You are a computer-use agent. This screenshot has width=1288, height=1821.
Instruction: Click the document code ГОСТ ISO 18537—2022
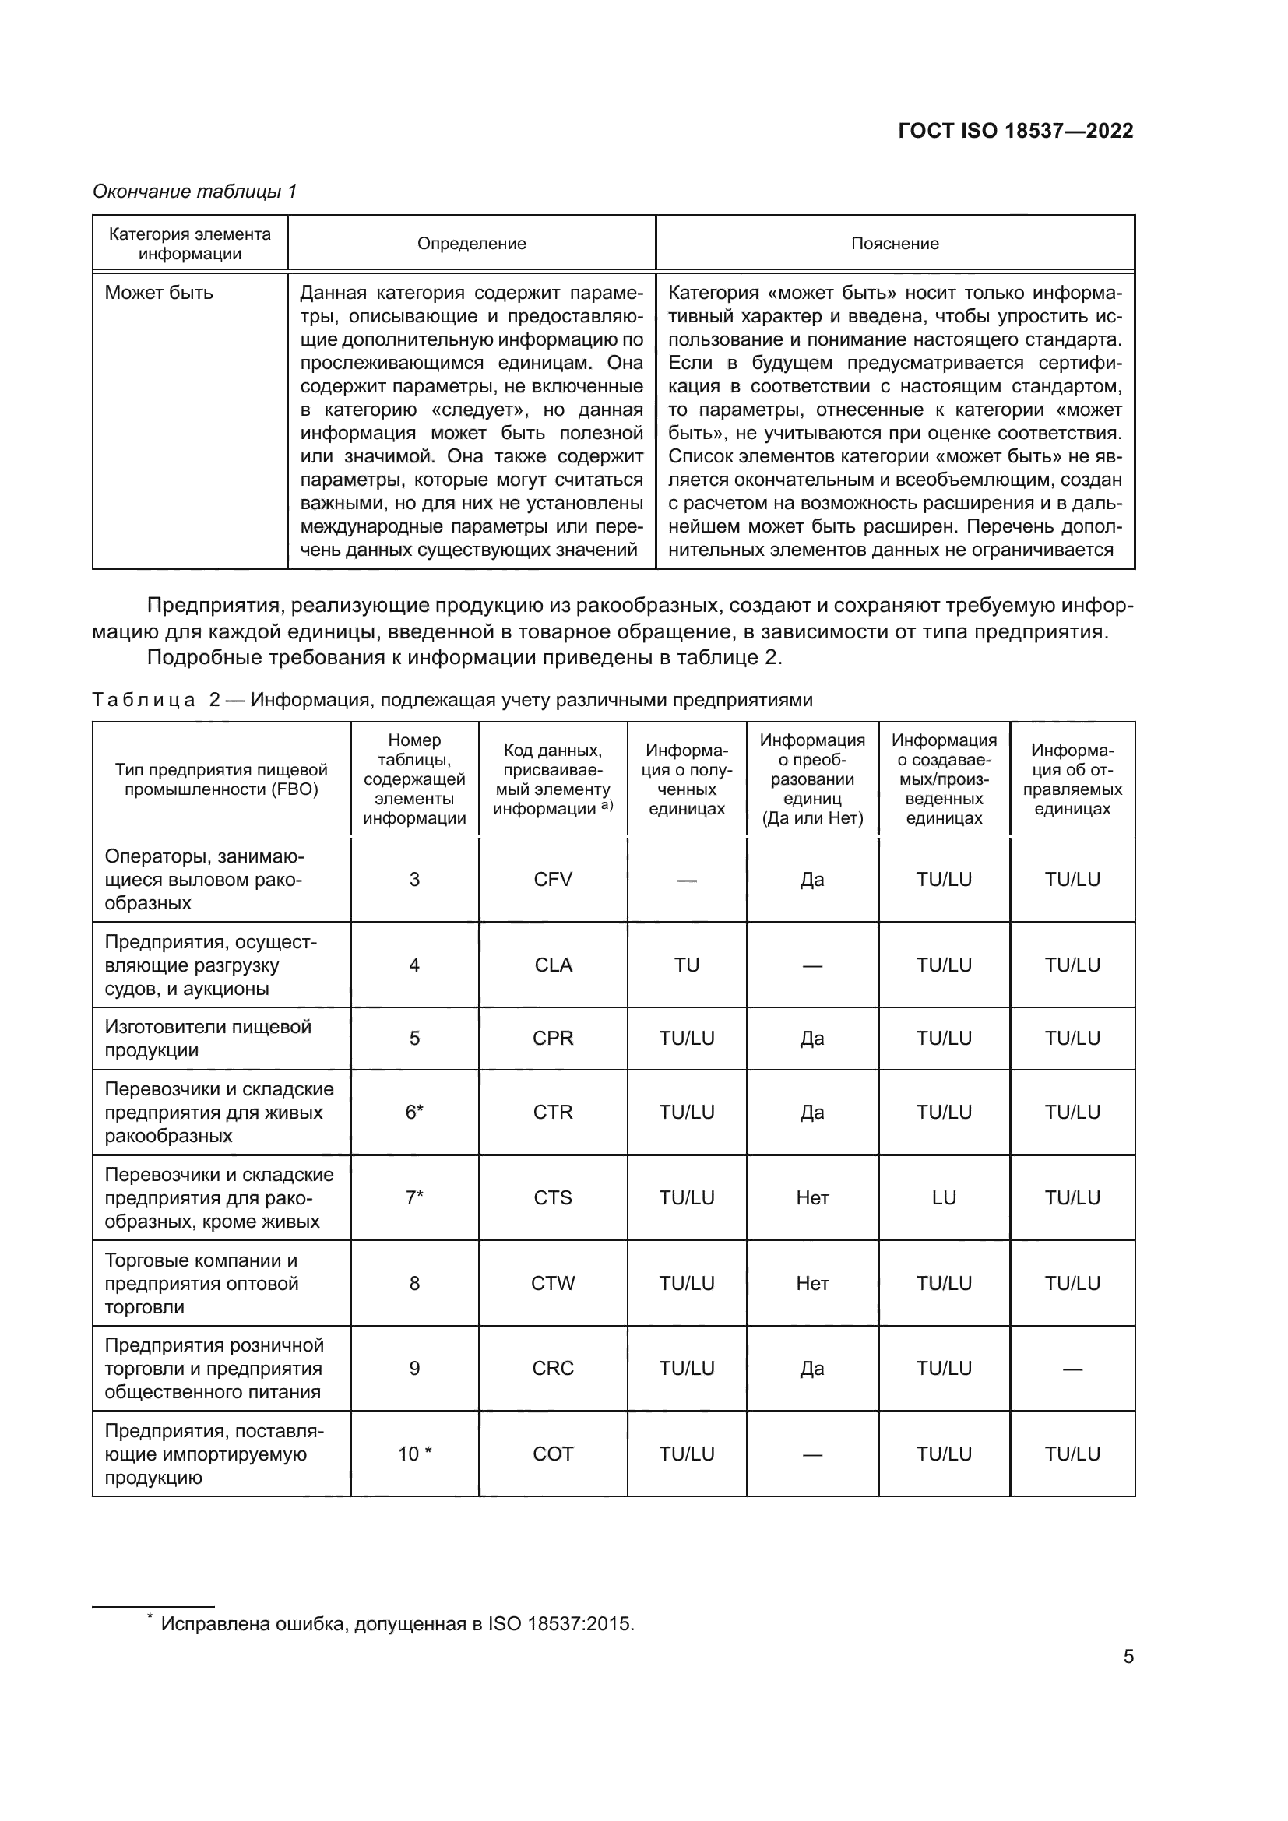click(x=1015, y=131)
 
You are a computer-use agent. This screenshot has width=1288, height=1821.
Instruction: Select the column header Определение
click(x=471, y=244)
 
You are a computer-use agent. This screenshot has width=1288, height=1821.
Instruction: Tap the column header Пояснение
click(x=895, y=244)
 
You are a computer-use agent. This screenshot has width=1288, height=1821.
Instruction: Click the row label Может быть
click(x=159, y=293)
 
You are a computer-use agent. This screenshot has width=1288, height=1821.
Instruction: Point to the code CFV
click(x=553, y=880)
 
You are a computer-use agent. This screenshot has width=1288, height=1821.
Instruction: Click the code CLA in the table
click(x=553, y=965)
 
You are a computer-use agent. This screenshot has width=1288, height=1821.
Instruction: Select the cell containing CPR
click(x=553, y=1039)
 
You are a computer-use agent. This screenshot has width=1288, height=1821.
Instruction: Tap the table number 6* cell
click(x=414, y=1112)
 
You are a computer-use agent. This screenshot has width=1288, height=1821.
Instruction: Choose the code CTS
click(x=553, y=1197)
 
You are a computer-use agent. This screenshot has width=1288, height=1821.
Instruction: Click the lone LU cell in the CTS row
click(x=944, y=1197)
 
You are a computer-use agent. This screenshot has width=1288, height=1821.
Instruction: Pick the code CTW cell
click(x=553, y=1283)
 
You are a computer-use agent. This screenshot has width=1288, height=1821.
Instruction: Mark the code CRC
click(x=553, y=1368)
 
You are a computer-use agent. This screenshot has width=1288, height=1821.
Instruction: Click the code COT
click(x=553, y=1454)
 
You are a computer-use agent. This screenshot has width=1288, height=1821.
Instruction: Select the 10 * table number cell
click(x=414, y=1454)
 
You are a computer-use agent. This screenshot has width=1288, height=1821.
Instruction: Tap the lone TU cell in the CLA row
click(x=687, y=965)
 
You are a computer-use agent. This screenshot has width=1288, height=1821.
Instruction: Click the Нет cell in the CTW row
click(x=812, y=1283)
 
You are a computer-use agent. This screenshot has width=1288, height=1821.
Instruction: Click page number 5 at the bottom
click(x=1128, y=1657)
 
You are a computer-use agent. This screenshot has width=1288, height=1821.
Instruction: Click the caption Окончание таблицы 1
click(x=195, y=192)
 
